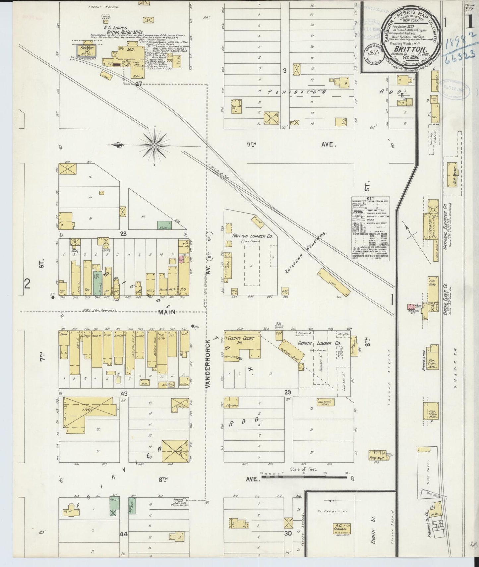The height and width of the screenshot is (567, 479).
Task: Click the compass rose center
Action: (155, 145)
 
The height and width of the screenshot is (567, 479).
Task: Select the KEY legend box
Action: (371, 229)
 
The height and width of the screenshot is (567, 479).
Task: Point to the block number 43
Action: (124, 394)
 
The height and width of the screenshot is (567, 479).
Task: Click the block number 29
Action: (288, 392)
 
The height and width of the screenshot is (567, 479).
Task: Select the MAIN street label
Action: (167, 312)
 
